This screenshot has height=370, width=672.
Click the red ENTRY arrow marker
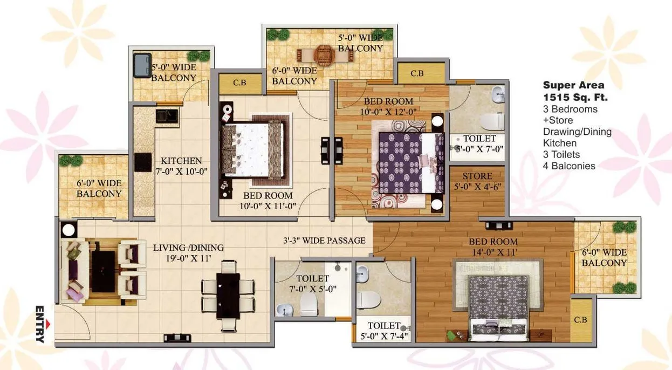click(49, 323)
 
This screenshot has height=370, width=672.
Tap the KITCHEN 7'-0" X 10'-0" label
click(181, 166)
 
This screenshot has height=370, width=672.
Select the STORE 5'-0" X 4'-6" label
click(477, 181)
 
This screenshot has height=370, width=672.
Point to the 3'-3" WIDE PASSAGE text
click(325, 240)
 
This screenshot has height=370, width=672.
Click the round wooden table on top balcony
click(323, 53)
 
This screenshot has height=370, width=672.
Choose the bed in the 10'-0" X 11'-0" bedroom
click(252, 149)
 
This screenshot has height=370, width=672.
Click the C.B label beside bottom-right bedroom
click(580, 320)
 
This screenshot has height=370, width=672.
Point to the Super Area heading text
click(573, 85)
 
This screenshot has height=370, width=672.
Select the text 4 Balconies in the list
click(569, 166)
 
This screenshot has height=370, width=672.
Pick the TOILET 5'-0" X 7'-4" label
click(384, 331)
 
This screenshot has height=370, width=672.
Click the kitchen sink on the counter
click(167, 115)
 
